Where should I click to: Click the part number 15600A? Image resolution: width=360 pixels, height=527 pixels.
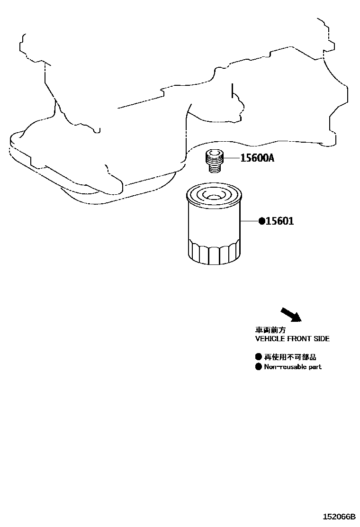point(257,158)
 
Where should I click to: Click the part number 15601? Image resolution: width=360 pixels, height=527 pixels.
point(279,221)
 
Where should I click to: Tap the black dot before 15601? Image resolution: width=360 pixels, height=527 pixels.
point(261,221)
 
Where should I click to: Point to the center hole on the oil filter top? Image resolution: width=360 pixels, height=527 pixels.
point(214,196)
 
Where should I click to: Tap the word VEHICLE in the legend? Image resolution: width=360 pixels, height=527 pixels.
point(270,339)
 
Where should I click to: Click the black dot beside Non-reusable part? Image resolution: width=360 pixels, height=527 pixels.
point(258,366)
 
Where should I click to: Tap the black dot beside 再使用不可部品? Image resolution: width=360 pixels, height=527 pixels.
point(258,356)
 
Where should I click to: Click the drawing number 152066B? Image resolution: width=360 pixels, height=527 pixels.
point(339,516)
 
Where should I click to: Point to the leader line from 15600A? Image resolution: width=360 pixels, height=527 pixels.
point(232,158)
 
